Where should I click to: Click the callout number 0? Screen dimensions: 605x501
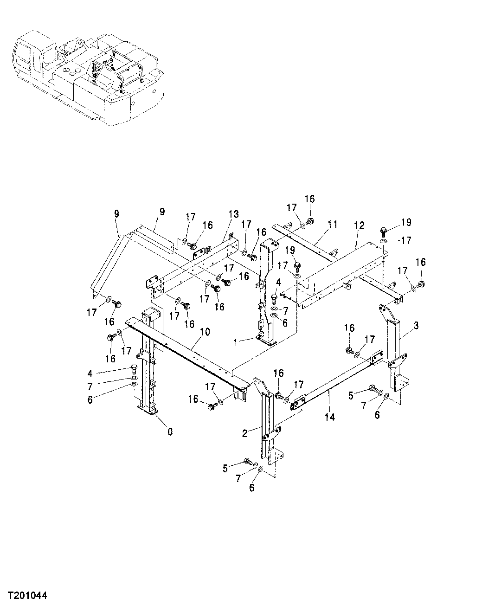click(170, 431)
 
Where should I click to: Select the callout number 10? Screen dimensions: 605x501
click(205, 332)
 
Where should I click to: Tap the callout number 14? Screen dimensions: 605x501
click(330, 417)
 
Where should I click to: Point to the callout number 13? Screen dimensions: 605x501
click(233, 214)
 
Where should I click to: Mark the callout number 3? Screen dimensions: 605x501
click(416, 326)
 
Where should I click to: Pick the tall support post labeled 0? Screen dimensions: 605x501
click(148, 367)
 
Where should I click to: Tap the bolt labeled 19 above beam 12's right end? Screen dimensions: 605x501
click(384, 230)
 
